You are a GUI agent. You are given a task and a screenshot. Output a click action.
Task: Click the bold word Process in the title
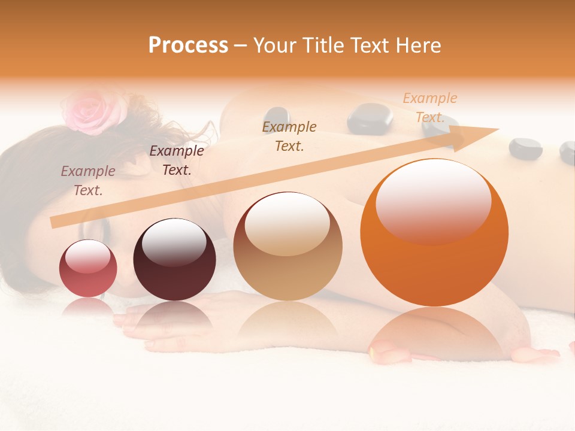tap(188, 45)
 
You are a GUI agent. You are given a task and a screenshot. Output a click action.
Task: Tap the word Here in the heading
tap(417, 45)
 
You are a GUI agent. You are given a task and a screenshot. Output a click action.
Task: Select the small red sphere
tap(88, 268)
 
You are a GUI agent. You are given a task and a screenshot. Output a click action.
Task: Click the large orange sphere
tap(434, 232)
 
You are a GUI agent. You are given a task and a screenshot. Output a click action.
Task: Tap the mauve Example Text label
tap(88, 180)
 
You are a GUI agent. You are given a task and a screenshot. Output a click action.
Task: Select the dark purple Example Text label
tap(176, 160)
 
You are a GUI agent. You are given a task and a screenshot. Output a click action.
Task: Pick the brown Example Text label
tap(289, 136)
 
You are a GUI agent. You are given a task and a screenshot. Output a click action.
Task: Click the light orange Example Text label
tap(429, 108)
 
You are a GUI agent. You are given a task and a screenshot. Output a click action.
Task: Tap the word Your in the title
tap(275, 45)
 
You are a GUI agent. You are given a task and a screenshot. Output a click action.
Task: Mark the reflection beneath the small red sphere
tap(88, 306)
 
